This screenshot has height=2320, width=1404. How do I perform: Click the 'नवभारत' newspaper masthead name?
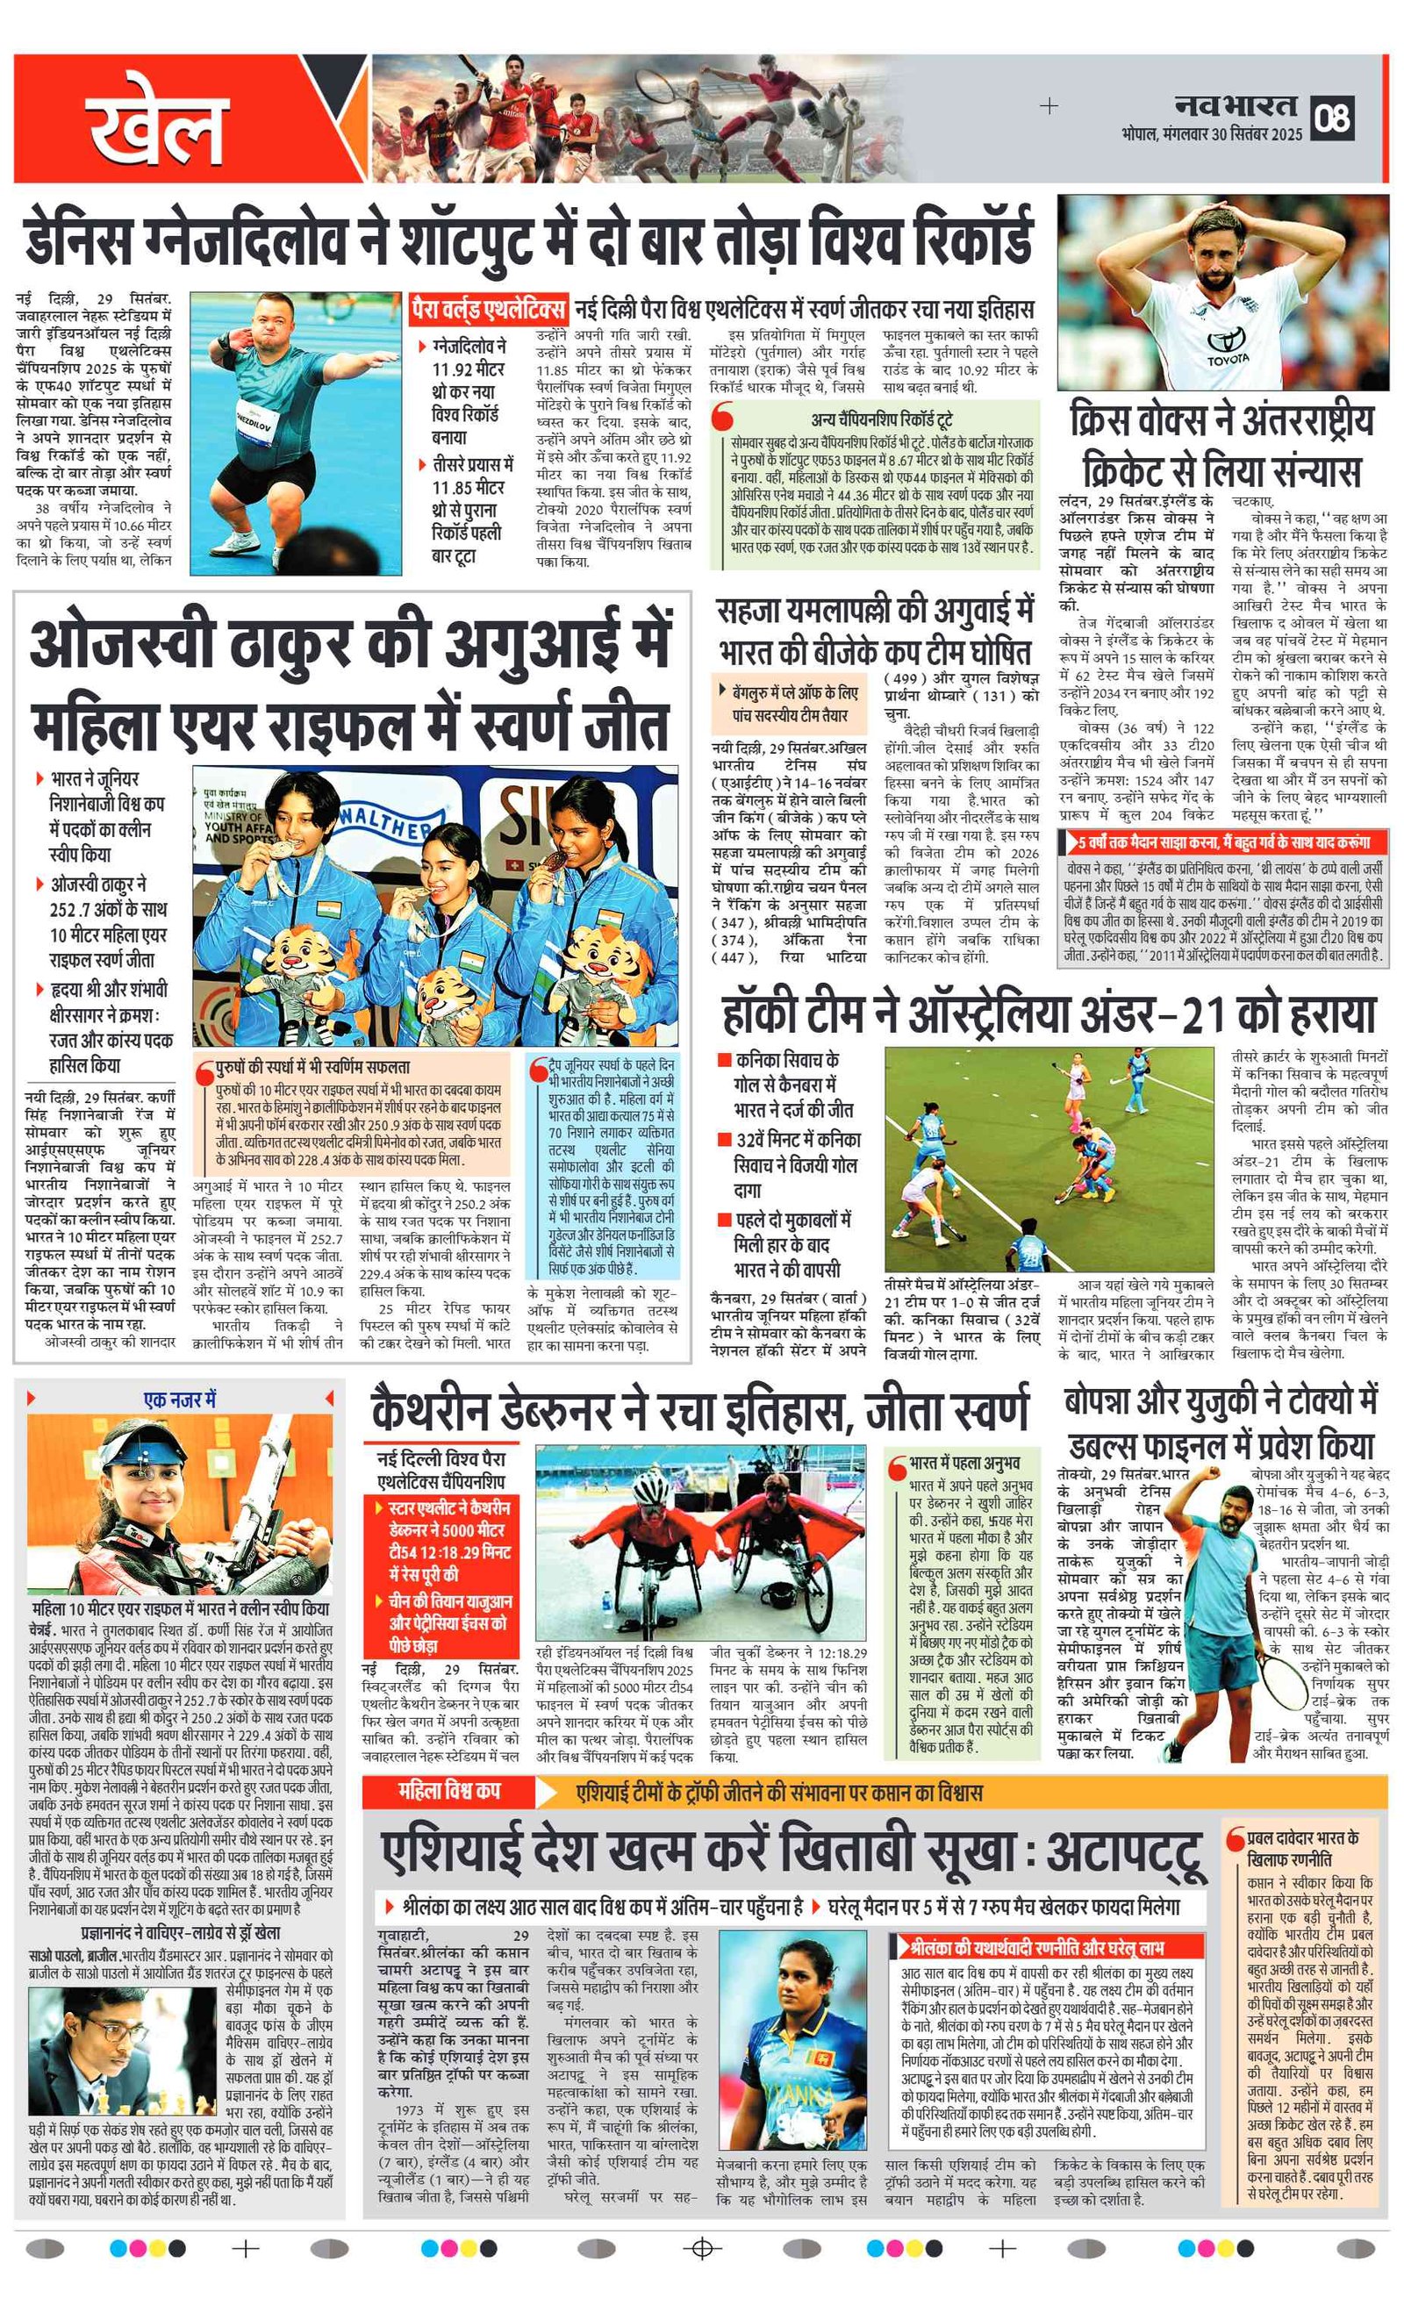coord(1236,106)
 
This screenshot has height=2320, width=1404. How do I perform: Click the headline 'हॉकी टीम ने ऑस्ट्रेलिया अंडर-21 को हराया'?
coord(1048,1013)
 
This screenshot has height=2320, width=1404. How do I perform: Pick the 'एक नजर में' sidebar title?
coord(179,1400)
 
